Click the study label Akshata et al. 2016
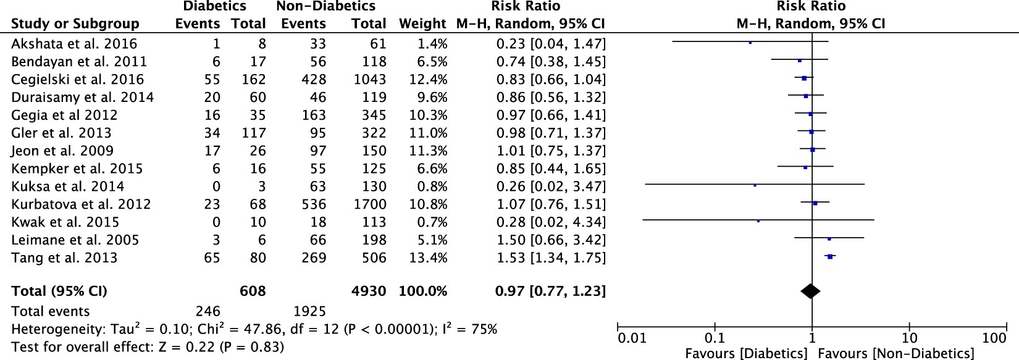(x=74, y=44)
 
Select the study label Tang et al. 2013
(x=64, y=257)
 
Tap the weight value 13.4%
(x=428, y=257)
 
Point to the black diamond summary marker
(x=810, y=291)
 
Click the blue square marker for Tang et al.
(x=830, y=256)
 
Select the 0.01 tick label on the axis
(x=632, y=338)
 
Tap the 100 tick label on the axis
(x=994, y=338)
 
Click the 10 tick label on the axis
(x=909, y=338)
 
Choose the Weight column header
(x=422, y=24)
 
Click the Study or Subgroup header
(x=75, y=24)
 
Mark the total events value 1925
(x=308, y=311)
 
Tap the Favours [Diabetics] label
(x=746, y=353)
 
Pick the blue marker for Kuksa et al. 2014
(x=755, y=185)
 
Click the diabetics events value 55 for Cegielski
(x=212, y=80)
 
